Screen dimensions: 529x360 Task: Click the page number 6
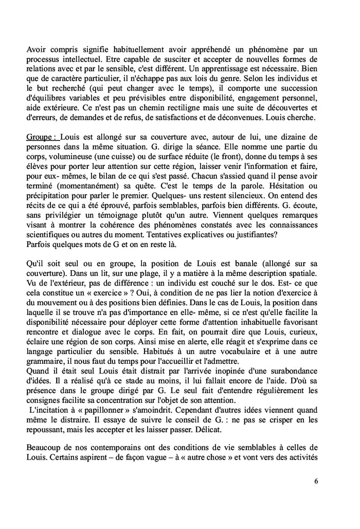click(315, 481)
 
